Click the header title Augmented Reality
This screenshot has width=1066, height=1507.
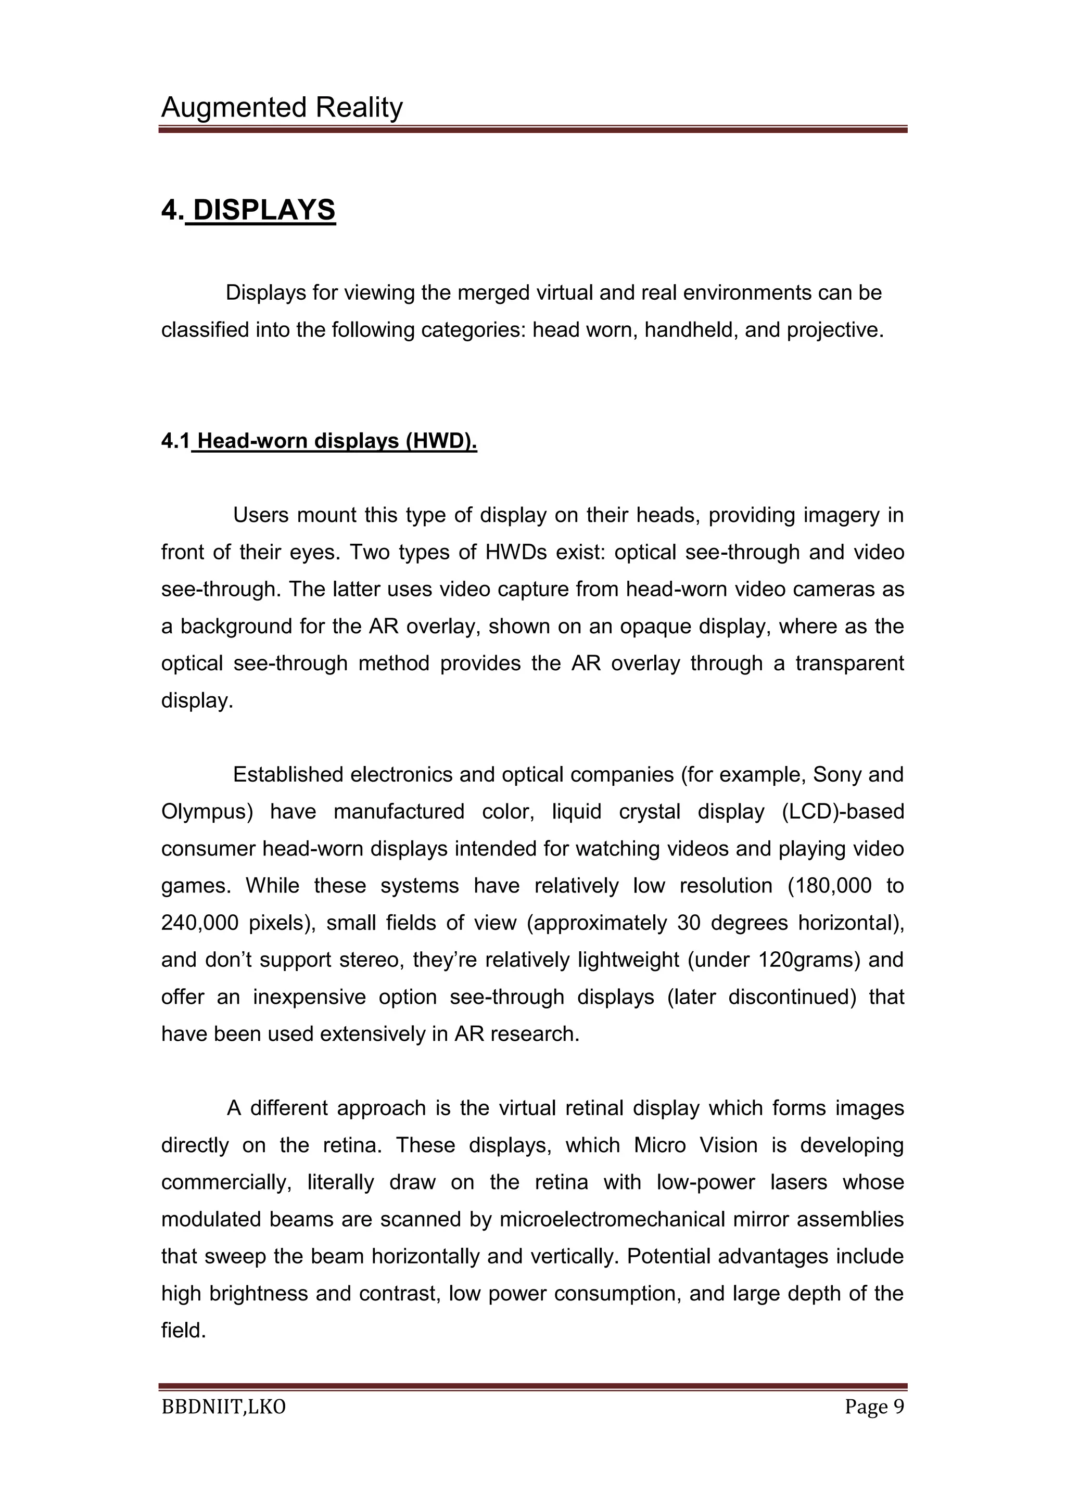[x=282, y=107]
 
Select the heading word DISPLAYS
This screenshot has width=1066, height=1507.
[x=264, y=210]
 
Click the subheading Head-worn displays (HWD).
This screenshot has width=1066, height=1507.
[x=337, y=441]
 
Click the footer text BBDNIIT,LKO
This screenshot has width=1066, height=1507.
[x=223, y=1407]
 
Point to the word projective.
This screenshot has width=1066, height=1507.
[x=835, y=329]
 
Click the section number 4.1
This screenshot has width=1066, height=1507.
[x=175, y=441]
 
